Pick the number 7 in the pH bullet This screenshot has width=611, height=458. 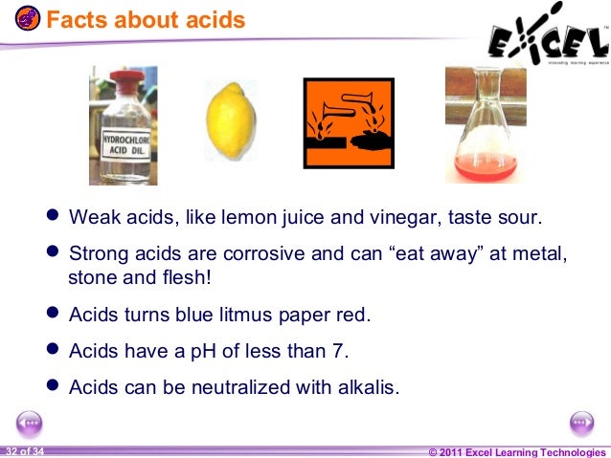342,350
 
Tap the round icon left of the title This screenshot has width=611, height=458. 29,19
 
